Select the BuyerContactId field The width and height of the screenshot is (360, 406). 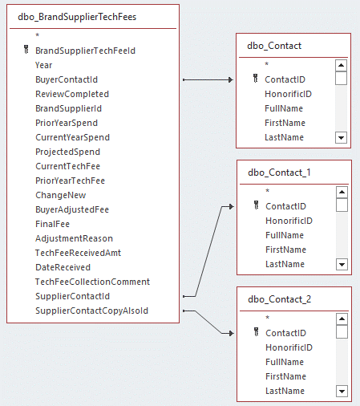[x=66, y=79]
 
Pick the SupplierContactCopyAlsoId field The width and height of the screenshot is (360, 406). [x=91, y=311]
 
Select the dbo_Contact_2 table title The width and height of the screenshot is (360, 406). [x=279, y=298]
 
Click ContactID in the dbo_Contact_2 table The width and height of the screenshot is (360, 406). [x=285, y=333]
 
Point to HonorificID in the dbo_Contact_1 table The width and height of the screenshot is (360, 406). [x=289, y=221]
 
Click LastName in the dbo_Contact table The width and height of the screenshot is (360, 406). [x=284, y=137]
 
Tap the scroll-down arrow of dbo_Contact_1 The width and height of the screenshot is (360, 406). [x=342, y=264]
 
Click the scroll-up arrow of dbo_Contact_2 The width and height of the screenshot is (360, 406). [x=342, y=319]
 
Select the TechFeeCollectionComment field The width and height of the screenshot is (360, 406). [x=92, y=282]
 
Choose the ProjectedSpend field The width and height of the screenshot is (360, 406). [x=67, y=152]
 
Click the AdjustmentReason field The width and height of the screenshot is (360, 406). [x=74, y=238]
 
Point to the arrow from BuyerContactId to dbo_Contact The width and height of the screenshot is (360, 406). [x=208, y=80]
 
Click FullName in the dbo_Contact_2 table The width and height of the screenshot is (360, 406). [x=285, y=362]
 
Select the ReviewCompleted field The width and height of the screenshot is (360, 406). [x=71, y=94]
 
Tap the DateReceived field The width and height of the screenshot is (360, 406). [x=63, y=267]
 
